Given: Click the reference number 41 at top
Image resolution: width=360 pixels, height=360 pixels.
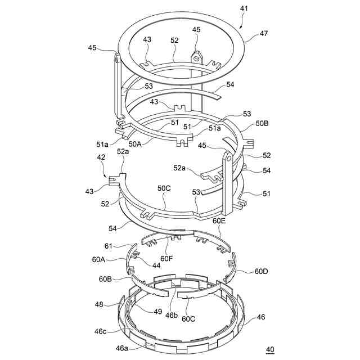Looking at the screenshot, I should click(x=243, y=10).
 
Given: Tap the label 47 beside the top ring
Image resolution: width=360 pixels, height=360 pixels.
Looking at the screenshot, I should click(x=264, y=34).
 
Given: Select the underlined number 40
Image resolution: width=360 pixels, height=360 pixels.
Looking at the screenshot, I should click(x=270, y=350).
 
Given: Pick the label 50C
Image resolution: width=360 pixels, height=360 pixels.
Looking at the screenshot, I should click(x=165, y=188).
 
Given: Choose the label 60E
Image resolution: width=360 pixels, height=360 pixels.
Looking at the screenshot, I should click(x=219, y=221).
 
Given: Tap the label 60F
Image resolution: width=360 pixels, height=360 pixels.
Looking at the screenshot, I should click(x=166, y=258).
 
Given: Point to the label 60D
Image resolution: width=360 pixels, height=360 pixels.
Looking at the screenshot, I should click(x=261, y=272).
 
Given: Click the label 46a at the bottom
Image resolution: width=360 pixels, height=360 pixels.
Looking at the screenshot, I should click(x=122, y=348).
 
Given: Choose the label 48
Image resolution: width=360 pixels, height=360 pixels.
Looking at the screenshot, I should click(x=99, y=304).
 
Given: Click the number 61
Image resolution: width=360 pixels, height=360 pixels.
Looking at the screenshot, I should click(x=109, y=246).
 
